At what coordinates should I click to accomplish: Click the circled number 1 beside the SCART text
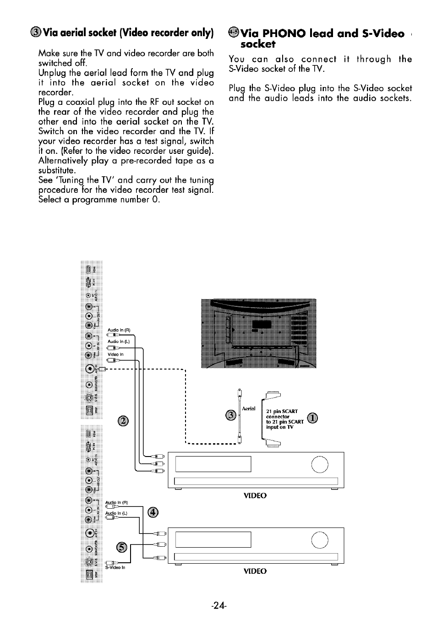tap(312, 418)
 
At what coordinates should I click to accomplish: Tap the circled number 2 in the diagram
tap(123, 421)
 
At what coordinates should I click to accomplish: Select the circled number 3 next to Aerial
tap(232, 415)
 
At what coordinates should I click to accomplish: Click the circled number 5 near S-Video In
tap(121, 546)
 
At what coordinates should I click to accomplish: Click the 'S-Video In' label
tap(115, 568)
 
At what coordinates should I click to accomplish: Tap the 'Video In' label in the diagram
tap(115, 354)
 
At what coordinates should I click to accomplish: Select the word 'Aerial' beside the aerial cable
tap(248, 408)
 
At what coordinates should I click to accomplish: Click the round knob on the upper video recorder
tap(319, 465)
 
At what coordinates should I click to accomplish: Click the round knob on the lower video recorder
tap(319, 540)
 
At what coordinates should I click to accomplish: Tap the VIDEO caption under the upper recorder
tap(255, 495)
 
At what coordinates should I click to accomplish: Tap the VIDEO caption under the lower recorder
tap(255, 571)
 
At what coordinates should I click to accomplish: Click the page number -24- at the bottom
tap(218, 605)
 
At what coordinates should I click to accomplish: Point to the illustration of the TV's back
tap(258, 333)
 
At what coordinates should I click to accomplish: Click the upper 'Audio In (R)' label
tap(119, 330)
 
